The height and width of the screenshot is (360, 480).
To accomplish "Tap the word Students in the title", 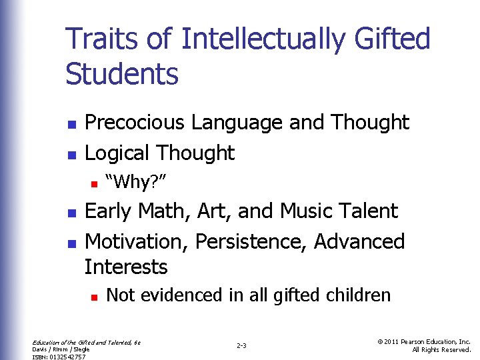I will pos(122,73).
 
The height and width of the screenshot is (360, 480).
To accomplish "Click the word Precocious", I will pos(136,123).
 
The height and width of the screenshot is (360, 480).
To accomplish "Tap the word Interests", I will pos(126,267).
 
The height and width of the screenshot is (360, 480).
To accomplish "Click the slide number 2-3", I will pos(241,345).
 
